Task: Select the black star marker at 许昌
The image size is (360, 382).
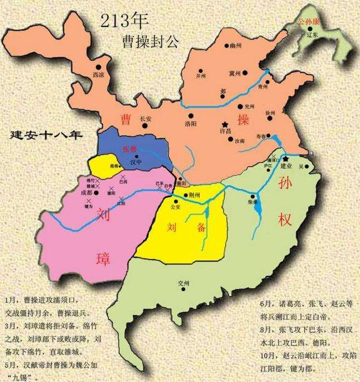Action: click(x=226, y=124)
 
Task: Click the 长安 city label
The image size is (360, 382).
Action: click(x=146, y=119)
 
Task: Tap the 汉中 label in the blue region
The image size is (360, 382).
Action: click(x=134, y=162)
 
